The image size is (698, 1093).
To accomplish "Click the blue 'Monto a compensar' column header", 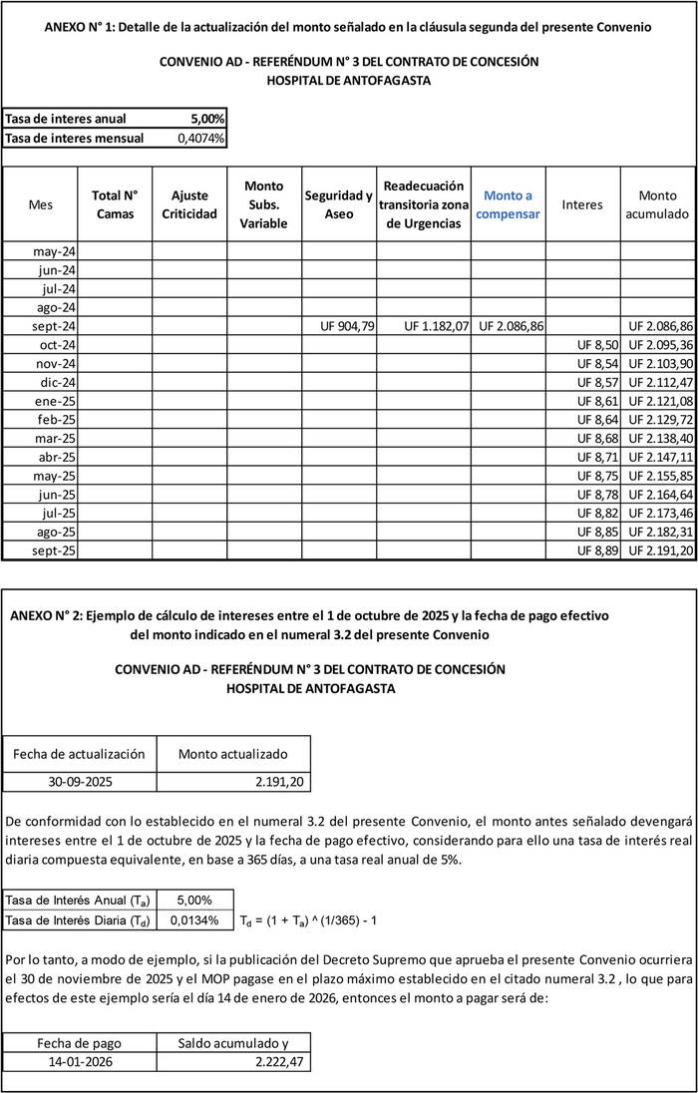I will (509, 204).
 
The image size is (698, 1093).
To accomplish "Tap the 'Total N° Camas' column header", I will (115, 204).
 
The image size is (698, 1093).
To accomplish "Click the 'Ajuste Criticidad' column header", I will (188, 204).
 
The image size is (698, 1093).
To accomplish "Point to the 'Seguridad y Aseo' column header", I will (339, 204).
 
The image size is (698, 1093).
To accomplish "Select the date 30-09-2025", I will (80, 782).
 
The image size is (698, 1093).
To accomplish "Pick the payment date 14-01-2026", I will (80, 1062).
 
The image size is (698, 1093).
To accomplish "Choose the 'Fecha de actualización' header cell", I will (80, 754).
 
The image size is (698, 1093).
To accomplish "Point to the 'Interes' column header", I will (582, 204).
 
